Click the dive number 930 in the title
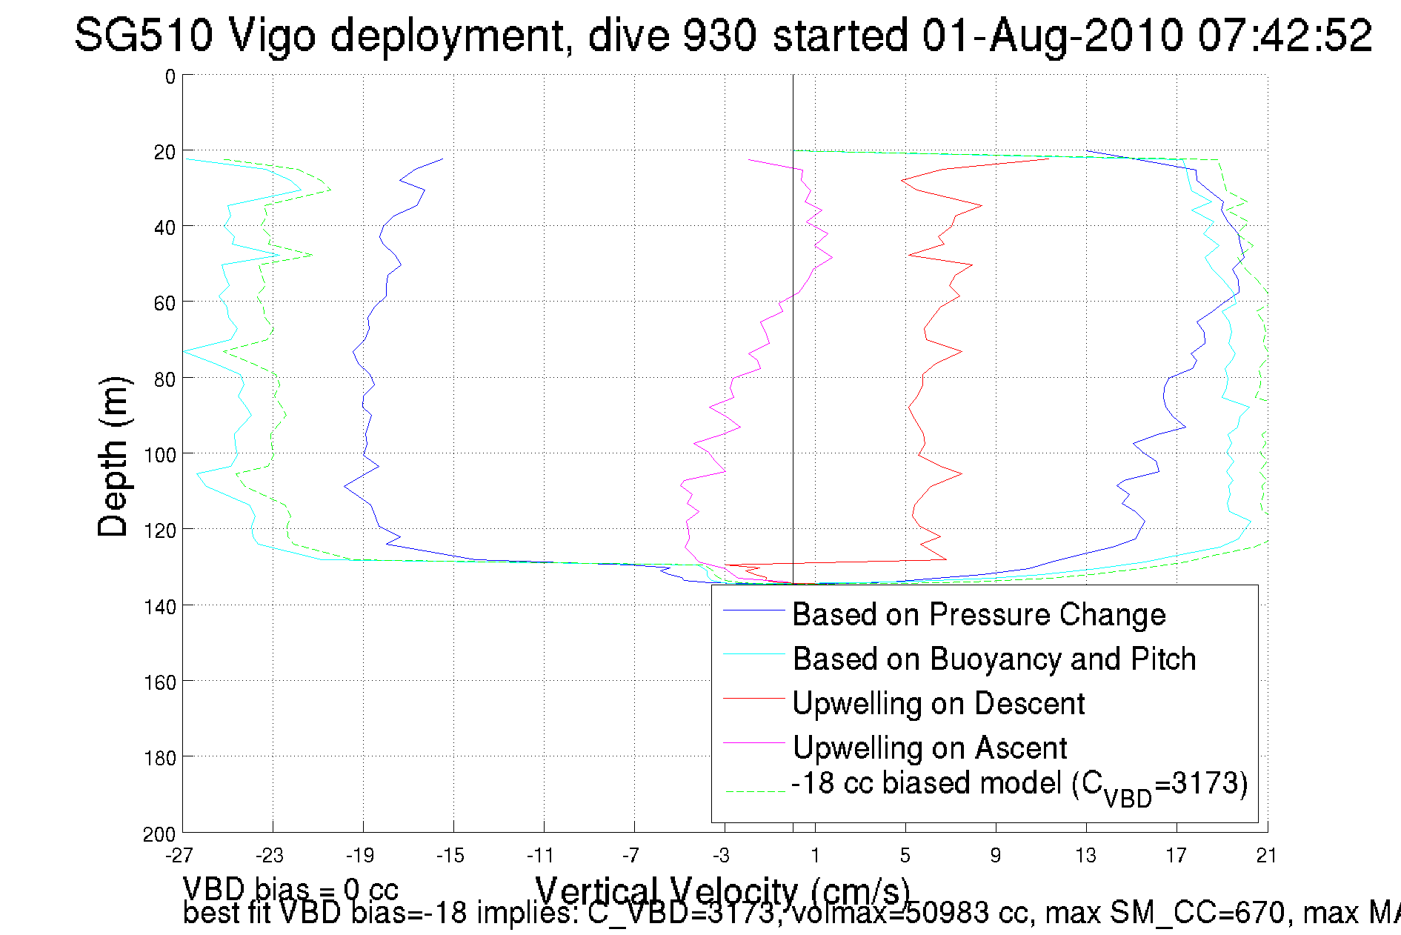pos(718,35)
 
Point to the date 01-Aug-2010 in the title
pos(1051,35)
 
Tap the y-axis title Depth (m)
pos(114,456)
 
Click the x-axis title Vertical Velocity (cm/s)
pos(722,891)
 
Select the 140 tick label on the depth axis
pos(160,607)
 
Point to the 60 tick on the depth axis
pos(164,303)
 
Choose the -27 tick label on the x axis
pos(179,856)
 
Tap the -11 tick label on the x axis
pos(541,856)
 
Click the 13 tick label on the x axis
pos(1086,856)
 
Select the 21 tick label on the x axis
pos(1267,856)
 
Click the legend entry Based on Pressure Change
pos(979,615)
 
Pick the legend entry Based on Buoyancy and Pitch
pos(994,659)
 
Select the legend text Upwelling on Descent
pos(939,704)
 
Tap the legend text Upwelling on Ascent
pos(930,748)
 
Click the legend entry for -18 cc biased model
pos(1019,785)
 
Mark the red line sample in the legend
pos(753,699)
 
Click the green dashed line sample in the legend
pos(753,792)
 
